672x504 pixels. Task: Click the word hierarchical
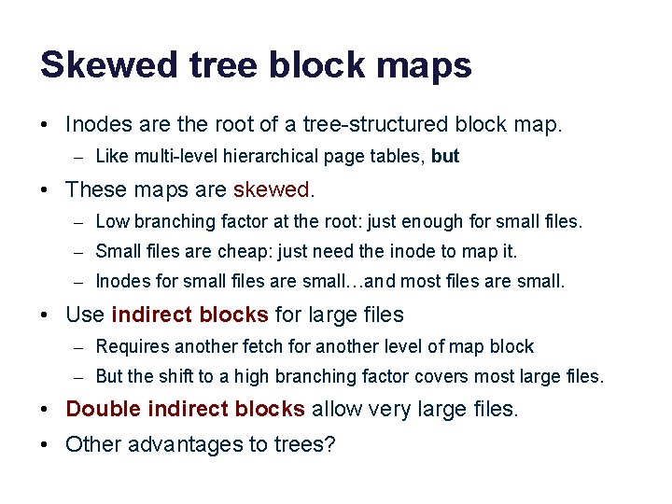point(282,156)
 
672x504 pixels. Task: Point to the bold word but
point(445,156)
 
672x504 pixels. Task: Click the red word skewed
point(273,189)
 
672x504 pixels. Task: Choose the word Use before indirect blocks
point(85,315)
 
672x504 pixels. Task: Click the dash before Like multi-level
point(82,157)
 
